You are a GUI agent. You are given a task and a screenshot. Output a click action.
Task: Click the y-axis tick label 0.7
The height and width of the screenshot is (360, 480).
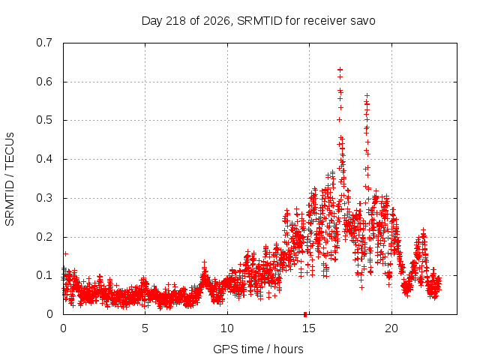pos(44,43)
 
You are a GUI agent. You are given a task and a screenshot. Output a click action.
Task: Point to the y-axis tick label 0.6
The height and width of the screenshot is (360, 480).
pos(44,82)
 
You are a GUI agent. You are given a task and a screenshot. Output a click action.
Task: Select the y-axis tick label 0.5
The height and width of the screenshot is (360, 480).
pos(44,120)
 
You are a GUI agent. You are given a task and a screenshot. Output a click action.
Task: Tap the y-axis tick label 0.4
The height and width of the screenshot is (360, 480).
pos(44,159)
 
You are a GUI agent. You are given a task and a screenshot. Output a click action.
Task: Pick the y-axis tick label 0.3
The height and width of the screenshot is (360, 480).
pos(44,198)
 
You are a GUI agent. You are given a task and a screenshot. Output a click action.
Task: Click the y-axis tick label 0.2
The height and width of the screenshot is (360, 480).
pos(44,237)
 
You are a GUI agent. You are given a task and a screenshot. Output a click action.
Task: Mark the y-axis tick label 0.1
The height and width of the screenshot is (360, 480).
pos(44,275)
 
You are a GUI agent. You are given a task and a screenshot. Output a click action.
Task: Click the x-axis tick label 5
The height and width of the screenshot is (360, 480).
pos(145,328)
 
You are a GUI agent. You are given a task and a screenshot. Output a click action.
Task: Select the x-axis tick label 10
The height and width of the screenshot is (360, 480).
pos(227,328)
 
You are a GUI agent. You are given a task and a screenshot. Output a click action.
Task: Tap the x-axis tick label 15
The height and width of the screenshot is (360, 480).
pos(309,328)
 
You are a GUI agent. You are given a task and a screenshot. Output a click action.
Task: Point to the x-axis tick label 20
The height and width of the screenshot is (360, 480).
pos(391,328)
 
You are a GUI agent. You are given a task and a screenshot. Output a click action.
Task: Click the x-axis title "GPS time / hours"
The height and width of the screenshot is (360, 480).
pos(258,349)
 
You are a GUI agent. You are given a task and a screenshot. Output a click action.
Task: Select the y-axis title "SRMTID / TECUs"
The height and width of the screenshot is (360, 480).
pos(10,179)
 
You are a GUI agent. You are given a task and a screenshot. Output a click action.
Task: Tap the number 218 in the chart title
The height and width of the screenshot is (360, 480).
pos(175,21)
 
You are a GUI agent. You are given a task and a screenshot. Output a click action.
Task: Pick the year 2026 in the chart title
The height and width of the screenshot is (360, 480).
pos(217,21)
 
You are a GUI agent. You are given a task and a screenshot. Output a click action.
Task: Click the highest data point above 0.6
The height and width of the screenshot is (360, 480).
pos(340,70)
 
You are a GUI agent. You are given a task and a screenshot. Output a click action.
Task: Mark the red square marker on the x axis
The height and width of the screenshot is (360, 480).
pos(305,314)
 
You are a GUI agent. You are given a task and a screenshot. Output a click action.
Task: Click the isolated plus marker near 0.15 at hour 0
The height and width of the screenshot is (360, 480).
pos(65,253)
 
